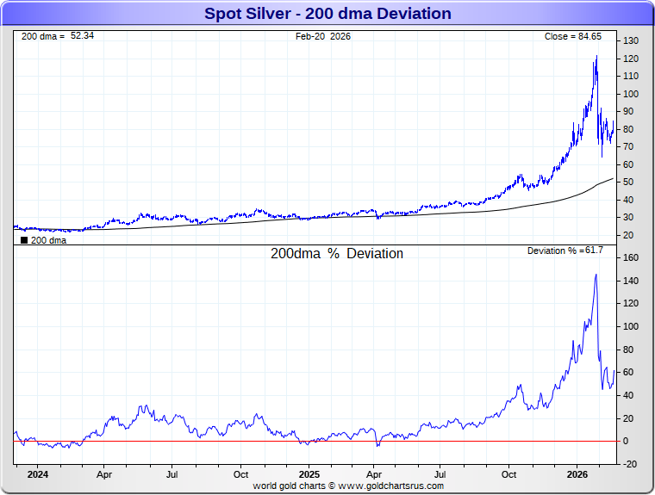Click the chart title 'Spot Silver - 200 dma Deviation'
point(327,14)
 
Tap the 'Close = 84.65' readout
point(578,36)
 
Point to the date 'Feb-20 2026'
point(323,36)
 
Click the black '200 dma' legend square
point(23,241)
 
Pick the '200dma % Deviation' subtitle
point(337,254)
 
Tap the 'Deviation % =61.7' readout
point(565,251)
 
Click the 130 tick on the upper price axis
point(631,41)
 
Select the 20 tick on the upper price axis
point(629,235)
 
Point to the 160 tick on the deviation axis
point(631,258)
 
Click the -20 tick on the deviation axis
point(630,464)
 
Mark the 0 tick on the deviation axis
point(627,441)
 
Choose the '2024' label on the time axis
point(37,473)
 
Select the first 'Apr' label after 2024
point(104,473)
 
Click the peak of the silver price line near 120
point(596,57)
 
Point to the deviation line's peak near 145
point(596,275)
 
